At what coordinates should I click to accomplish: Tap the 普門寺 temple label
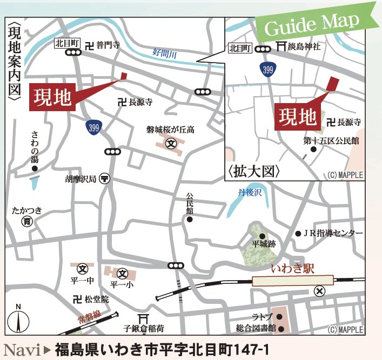click(108, 46)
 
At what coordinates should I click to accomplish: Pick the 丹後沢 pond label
click(249, 192)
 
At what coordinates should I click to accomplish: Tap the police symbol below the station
click(320, 291)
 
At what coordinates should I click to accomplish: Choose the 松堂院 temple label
click(97, 299)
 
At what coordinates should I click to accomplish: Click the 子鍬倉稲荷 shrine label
click(143, 328)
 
